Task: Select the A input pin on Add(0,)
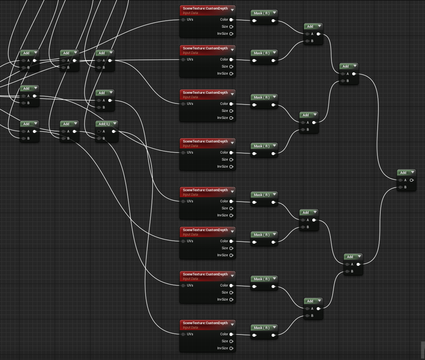pyautogui.click(x=99, y=131)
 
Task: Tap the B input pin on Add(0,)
pyautogui.click(x=99, y=138)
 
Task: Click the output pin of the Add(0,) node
pyautogui.click(x=114, y=131)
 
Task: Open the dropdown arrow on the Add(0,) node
pyautogui.click(x=115, y=124)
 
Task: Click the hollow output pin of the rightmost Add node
pyautogui.click(x=412, y=180)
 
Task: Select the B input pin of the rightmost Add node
pyautogui.click(x=401, y=187)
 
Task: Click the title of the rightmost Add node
pyautogui.click(x=403, y=173)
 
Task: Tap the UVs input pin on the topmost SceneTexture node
pyautogui.click(x=183, y=20)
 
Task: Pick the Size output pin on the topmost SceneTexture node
pyautogui.click(x=231, y=27)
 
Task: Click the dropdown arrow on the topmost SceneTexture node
pyautogui.click(x=232, y=10)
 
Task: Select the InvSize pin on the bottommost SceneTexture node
pyautogui.click(x=231, y=348)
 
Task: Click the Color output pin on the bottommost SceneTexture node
pyautogui.click(x=231, y=334)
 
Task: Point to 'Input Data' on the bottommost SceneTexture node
pyautogui.click(x=190, y=328)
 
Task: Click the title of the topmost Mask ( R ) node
pyautogui.click(x=261, y=13)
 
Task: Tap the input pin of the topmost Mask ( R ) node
pyautogui.click(x=254, y=21)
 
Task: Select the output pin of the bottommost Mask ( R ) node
pyautogui.click(x=273, y=335)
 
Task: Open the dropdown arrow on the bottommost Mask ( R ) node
pyautogui.click(x=274, y=328)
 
